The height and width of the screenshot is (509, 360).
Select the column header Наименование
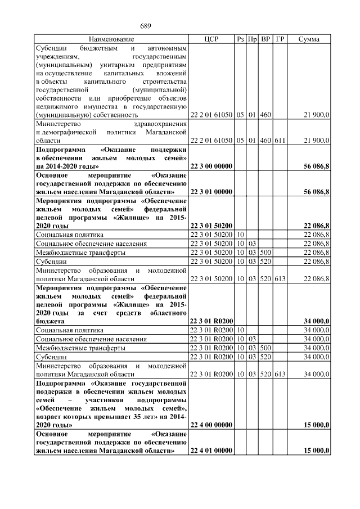111,39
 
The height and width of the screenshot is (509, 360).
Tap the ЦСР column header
211,39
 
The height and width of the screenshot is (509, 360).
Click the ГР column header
280,39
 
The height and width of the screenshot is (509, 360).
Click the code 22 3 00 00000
212,166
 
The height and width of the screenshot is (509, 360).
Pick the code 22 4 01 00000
212,451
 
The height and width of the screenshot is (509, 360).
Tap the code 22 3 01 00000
212,192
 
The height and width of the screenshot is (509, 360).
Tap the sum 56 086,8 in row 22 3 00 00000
317,166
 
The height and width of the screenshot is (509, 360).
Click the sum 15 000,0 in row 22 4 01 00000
317,451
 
